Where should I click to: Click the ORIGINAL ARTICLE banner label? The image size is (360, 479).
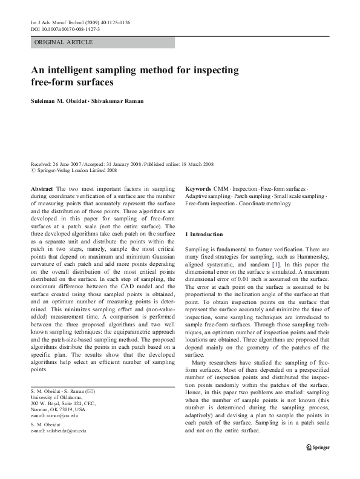64,42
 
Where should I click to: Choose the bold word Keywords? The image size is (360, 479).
198,189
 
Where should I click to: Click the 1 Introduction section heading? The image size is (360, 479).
204,234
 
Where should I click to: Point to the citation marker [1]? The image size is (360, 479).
275,265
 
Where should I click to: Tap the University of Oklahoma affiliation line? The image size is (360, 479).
54,382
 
